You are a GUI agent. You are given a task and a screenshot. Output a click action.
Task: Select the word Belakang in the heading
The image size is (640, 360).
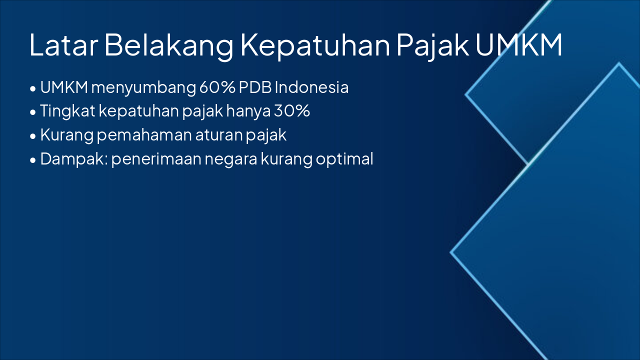pyautogui.click(x=168, y=45)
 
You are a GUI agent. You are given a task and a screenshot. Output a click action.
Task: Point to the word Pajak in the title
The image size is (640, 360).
pyautogui.click(x=433, y=45)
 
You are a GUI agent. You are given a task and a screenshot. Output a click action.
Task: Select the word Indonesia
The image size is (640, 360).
pyautogui.click(x=311, y=87)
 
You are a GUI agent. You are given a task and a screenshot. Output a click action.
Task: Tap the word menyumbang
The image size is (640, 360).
pyautogui.click(x=143, y=87)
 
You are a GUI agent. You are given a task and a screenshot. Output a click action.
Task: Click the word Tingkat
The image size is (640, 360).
pyautogui.click(x=67, y=111)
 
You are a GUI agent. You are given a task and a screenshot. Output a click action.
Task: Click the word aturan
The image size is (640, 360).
pyautogui.click(x=219, y=135)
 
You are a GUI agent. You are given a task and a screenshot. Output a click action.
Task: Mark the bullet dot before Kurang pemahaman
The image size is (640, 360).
pyautogui.click(x=33, y=136)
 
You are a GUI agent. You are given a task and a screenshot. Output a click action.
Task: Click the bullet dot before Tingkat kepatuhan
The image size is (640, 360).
pyautogui.click(x=33, y=112)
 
